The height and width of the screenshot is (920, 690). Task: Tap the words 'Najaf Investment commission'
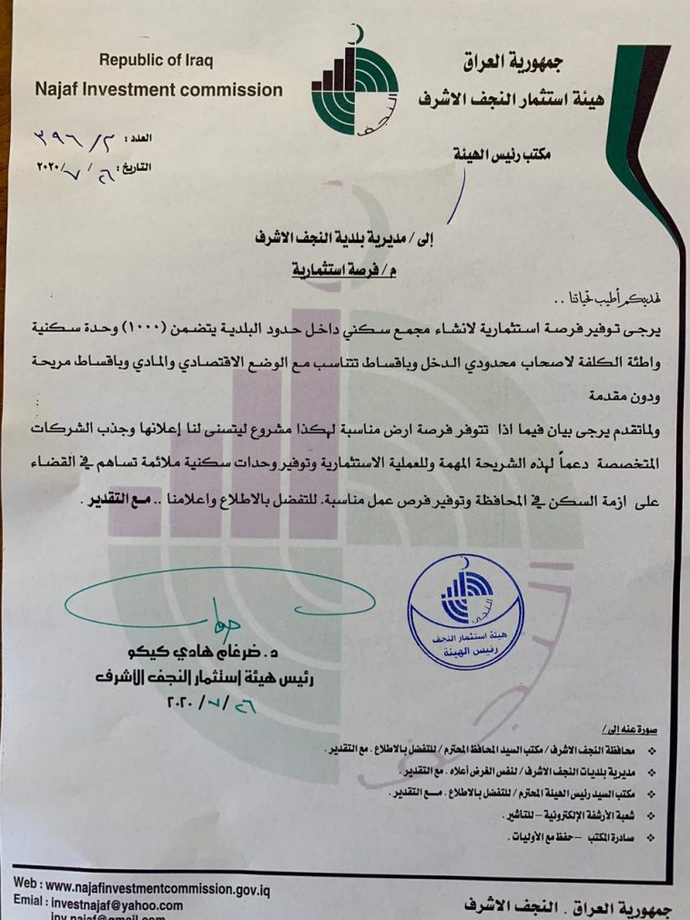point(158,90)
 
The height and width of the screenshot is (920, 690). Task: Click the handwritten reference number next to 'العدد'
point(77,138)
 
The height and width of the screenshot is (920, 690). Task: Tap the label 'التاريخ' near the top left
point(137,167)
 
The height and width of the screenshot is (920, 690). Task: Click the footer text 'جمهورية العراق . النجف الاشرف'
point(561,906)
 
